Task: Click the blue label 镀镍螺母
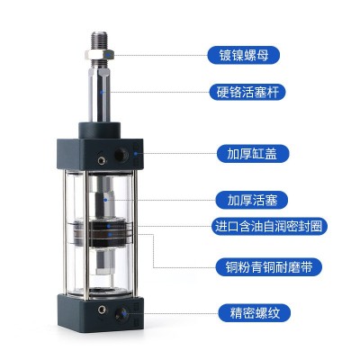click(243, 55)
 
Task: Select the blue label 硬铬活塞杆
click(247, 92)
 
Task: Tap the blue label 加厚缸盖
click(252, 154)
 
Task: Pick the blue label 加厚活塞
click(252, 200)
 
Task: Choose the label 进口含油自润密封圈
click(268, 226)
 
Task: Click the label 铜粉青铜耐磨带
click(269, 266)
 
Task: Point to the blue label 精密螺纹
click(255, 313)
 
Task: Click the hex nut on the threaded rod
click(99, 54)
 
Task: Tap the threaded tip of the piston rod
click(99, 40)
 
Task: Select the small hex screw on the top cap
click(102, 161)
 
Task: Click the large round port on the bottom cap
click(121, 314)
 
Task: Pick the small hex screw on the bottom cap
click(102, 309)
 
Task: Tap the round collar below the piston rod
click(100, 130)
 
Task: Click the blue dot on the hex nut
click(108, 55)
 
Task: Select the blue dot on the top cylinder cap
click(136, 154)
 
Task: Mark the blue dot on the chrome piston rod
click(102, 92)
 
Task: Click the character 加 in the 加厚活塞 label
click(233, 200)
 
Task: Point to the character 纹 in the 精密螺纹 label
click(274, 313)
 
